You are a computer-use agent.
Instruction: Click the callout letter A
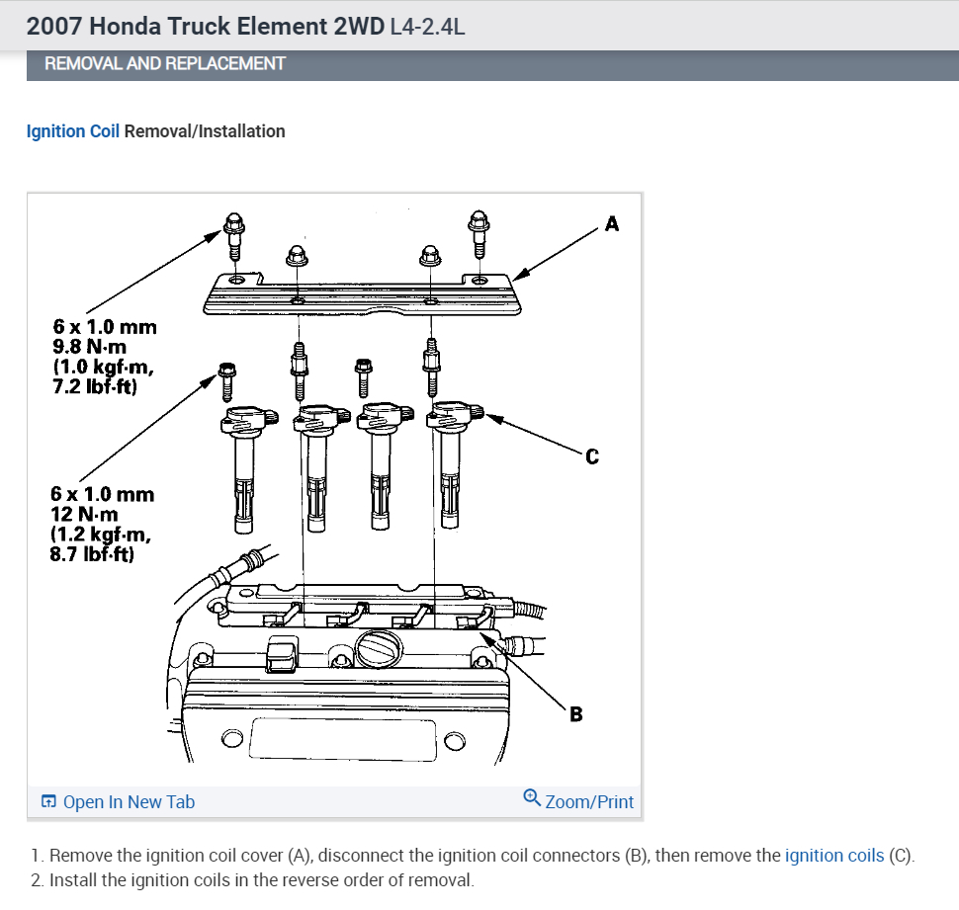tap(612, 224)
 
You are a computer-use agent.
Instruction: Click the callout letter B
tap(576, 713)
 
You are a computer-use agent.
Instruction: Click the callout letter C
tap(592, 456)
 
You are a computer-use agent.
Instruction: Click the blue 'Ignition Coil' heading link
tap(72, 131)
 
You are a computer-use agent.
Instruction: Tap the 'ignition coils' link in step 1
tap(834, 856)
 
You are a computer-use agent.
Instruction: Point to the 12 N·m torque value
tap(84, 514)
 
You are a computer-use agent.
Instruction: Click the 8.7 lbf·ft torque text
tap(92, 555)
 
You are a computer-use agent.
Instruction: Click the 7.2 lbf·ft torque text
tap(94, 386)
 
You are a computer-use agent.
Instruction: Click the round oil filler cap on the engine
tap(378, 651)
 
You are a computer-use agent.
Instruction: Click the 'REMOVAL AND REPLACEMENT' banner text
tap(164, 63)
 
